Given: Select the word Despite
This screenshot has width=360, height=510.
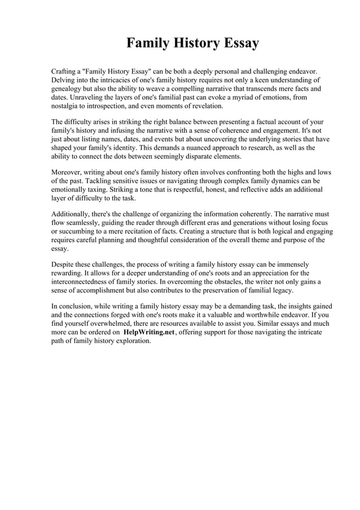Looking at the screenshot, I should coord(64,264).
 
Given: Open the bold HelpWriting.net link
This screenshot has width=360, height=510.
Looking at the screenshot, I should coord(149,333).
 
